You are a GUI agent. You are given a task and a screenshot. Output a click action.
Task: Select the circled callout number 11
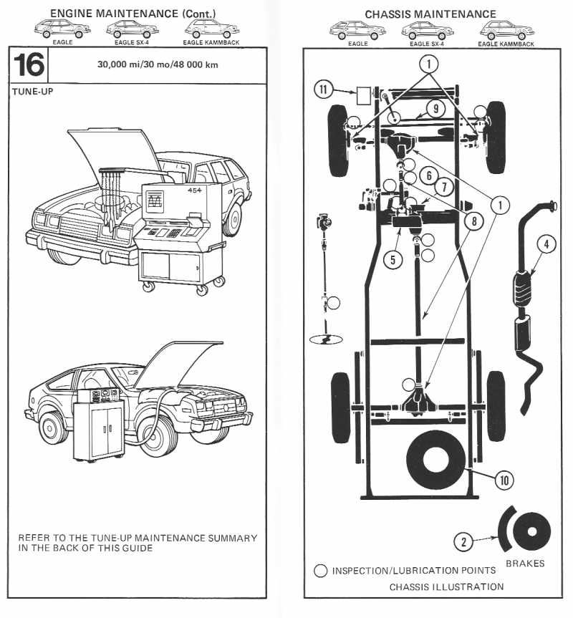(324, 90)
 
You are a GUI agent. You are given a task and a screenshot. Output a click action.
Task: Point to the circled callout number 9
(435, 108)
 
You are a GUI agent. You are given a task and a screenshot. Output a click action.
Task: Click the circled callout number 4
(546, 244)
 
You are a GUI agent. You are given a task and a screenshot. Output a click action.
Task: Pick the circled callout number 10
(504, 480)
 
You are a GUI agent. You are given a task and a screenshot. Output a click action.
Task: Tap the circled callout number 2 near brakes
(465, 542)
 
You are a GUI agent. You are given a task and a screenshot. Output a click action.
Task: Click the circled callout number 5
(392, 259)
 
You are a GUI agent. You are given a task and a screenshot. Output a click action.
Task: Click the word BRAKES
(525, 564)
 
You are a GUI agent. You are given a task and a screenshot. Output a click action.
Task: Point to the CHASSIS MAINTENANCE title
(430, 14)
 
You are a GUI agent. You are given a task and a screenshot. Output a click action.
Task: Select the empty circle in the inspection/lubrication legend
(321, 571)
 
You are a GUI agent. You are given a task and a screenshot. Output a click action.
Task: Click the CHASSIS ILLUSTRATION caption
(446, 586)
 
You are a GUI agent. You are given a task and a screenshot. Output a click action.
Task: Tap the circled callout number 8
(471, 221)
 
